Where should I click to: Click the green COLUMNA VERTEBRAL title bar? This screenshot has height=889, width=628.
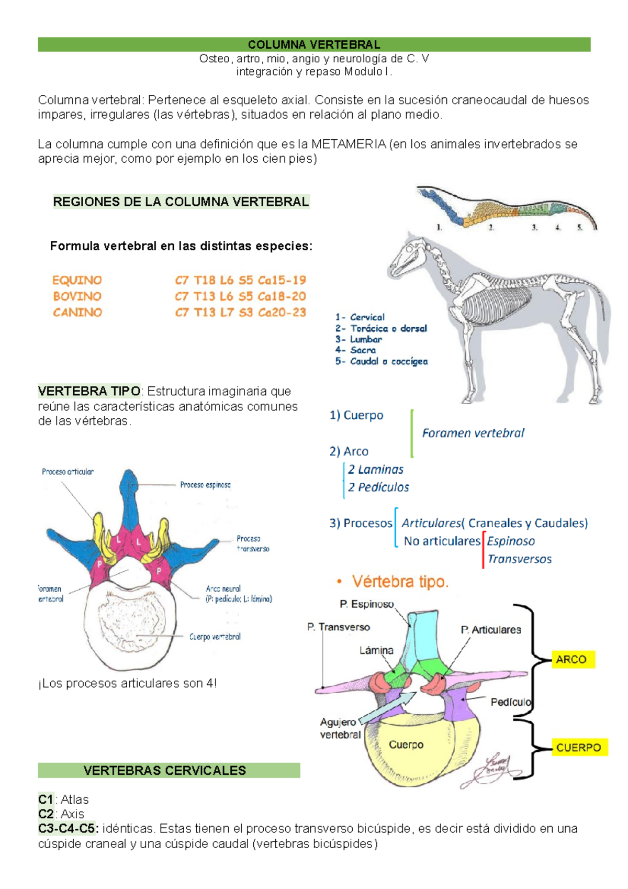coord(314,45)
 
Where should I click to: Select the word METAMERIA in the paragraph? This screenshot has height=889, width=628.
coord(349,144)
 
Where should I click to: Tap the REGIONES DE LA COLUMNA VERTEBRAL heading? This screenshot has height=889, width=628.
coord(181,202)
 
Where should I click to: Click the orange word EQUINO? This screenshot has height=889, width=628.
coord(77,280)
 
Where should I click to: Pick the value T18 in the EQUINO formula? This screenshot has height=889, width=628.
coord(204,280)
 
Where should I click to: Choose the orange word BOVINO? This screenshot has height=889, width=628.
coord(77,296)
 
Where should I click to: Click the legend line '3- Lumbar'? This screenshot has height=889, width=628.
coord(358,339)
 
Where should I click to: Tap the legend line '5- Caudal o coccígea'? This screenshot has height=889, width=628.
coord(382,361)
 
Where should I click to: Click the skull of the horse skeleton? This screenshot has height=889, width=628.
coord(406,259)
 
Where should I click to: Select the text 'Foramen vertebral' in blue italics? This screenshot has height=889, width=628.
coord(473,433)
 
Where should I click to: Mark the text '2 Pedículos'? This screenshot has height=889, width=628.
coord(378,487)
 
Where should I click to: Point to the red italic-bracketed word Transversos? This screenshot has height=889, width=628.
coord(519,559)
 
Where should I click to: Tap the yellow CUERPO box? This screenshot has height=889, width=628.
coord(578,748)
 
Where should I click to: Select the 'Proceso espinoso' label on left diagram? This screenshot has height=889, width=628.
coord(205,485)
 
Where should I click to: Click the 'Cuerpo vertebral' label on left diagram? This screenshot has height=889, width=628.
coord(215,637)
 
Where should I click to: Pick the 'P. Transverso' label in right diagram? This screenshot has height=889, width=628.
coord(338,627)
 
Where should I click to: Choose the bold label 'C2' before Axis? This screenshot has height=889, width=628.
coord(46,814)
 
